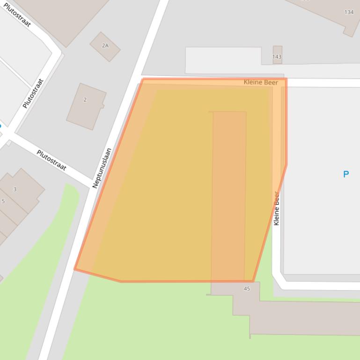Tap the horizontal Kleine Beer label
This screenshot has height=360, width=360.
(261, 82)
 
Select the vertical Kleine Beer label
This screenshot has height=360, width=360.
(277, 209)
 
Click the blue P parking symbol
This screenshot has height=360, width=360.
(346, 174)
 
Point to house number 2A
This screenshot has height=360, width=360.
(105, 46)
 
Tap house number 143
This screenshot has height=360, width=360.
(277, 57)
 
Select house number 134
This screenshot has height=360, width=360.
(349, 12)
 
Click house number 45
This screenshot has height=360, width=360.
(247, 288)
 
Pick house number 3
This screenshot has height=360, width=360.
(15, 189)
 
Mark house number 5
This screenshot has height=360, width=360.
(3, 202)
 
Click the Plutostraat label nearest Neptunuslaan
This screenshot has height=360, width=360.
(51, 160)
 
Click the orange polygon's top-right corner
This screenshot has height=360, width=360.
(286, 79)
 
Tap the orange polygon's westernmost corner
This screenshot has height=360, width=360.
(75, 269)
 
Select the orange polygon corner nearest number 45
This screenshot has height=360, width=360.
(253, 281)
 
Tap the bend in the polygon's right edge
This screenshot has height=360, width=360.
(286, 164)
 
